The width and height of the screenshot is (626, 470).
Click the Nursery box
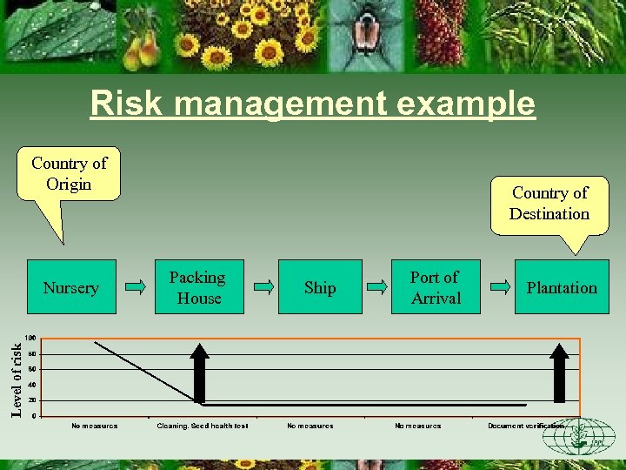pos(71,287)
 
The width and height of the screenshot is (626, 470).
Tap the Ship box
pos(319,287)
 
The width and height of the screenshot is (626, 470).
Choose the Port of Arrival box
pos(435,287)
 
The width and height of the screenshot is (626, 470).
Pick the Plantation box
pos(562,287)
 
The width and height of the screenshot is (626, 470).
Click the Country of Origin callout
pos(69,174)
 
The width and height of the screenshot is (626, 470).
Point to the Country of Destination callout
pos(549,204)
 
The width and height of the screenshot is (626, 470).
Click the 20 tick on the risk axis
pos(31,400)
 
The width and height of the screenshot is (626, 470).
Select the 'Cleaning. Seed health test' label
pos(203,426)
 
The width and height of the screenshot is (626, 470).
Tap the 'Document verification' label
pos(525,426)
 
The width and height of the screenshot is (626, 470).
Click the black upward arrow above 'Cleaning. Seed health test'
pos(200,373)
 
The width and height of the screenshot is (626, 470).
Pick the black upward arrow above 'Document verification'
pos(560,373)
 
